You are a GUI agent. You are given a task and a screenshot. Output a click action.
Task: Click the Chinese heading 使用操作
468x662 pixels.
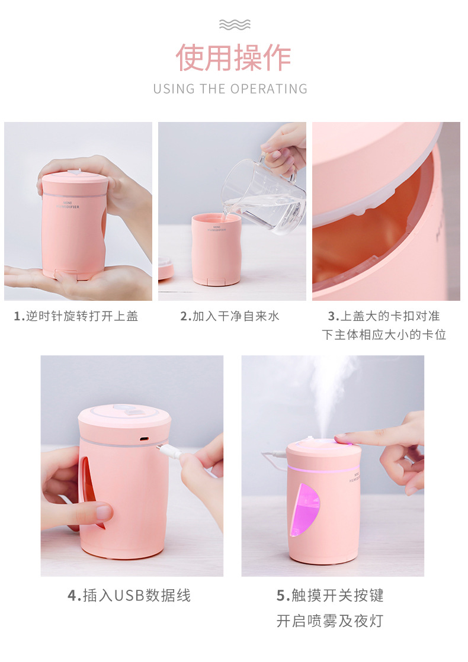point(233,57)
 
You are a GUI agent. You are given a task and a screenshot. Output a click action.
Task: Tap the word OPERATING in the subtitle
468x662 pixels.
point(269,89)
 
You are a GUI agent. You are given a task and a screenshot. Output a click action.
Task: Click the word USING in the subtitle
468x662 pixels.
point(174,89)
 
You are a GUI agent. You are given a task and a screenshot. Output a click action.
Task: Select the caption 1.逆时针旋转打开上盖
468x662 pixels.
point(76,316)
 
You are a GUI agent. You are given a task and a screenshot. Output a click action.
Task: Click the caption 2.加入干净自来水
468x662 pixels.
point(230,316)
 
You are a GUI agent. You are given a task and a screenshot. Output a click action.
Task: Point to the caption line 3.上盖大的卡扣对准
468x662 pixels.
point(384,316)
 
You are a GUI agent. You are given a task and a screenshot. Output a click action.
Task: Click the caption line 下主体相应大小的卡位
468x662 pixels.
point(384,335)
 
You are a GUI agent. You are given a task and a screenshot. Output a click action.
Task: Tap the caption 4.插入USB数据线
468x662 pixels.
point(129,596)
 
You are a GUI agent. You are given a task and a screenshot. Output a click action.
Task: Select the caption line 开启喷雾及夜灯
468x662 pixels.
point(330,621)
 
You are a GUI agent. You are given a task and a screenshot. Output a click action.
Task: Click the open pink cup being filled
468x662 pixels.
point(216,249)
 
